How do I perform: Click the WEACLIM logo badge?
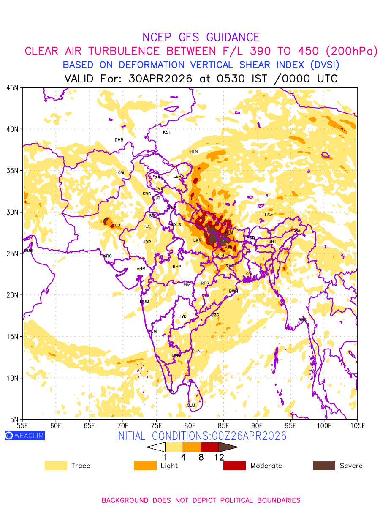[24, 436]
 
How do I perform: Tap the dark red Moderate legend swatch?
[234, 466]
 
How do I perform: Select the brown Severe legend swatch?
[324, 466]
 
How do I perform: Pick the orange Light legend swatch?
[145, 466]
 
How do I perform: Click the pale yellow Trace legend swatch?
[56, 466]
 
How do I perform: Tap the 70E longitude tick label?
[123, 425]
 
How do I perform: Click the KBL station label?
[121, 173]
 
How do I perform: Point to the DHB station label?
[119, 140]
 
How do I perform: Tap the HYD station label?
[182, 316]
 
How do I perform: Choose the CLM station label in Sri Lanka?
[191, 406]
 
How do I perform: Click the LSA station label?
[269, 215]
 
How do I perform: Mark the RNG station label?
[303, 320]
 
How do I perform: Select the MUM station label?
[144, 302]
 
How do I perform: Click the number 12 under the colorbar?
[219, 457]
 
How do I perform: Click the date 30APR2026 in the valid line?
[160, 79]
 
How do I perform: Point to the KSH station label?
[167, 132]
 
